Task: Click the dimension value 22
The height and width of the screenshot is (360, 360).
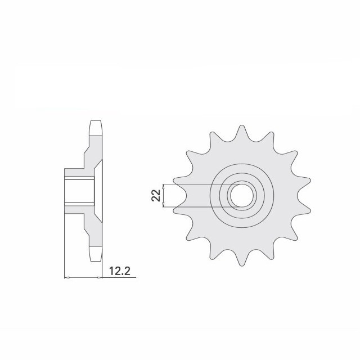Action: coord(156,195)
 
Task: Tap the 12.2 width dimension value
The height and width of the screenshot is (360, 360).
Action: coord(120,271)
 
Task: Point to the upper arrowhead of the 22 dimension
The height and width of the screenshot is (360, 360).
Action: coord(164,186)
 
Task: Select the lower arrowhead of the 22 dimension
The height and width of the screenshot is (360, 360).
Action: coord(164,205)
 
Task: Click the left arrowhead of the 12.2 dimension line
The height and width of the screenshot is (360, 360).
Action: coord(67,278)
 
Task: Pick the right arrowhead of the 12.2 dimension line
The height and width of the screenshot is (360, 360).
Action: coord(100,278)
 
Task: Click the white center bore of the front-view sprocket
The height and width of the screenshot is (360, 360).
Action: coord(241,196)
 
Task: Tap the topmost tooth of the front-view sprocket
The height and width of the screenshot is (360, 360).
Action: coord(241,133)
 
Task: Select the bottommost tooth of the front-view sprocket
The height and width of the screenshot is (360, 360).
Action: coord(241,258)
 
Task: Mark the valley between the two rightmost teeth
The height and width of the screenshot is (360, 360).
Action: coord(299,196)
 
